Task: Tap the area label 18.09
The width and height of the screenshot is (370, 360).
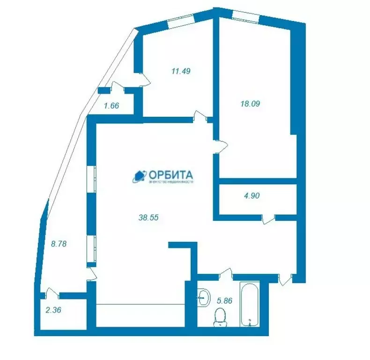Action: point(249,104)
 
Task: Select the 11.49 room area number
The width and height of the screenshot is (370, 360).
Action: point(181,71)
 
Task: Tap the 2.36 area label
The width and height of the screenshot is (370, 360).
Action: point(52,309)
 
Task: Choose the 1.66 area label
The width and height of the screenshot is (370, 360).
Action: point(111,105)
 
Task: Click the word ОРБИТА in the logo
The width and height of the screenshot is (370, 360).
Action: point(172,174)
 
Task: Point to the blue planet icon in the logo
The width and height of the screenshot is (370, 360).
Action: point(139,176)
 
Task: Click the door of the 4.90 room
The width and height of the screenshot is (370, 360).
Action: point(268,219)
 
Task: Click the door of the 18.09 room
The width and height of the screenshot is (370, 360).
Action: point(220,146)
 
